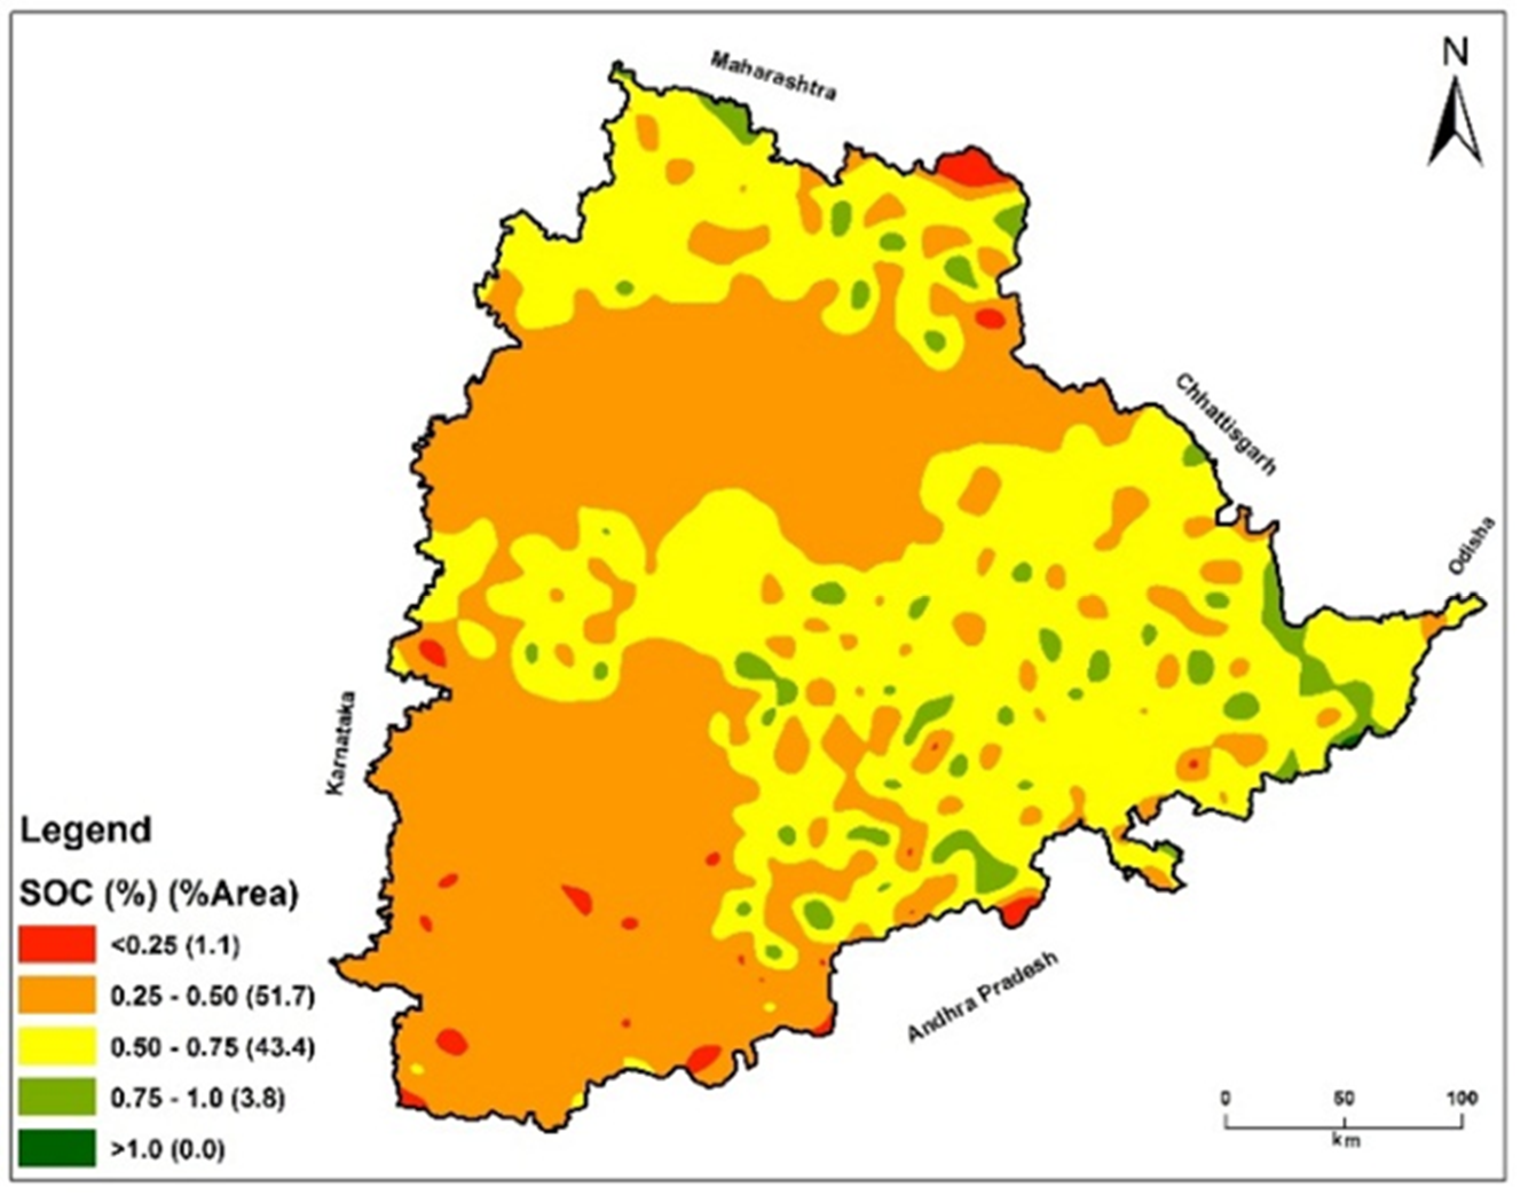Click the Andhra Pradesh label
(x=982, y=997)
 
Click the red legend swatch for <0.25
(x=57, y=945)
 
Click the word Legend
(x=85, y=831)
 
